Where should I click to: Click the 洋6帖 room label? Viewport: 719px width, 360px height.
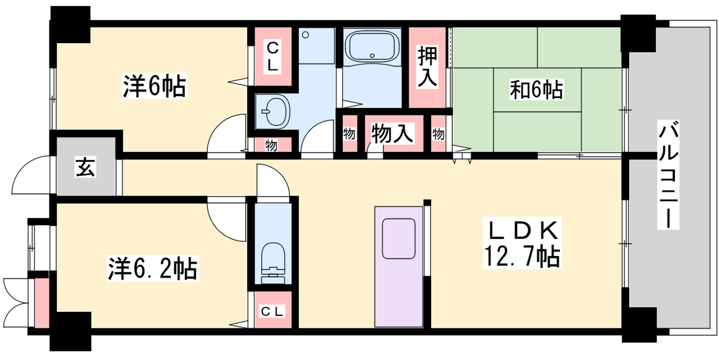[154, 86]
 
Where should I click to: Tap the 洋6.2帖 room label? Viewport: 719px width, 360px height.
[153, 268]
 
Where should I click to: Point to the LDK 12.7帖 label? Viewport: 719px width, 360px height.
[522, 243]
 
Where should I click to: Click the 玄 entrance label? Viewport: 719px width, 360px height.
[85, 167]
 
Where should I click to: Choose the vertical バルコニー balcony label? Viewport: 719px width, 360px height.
[668, 175]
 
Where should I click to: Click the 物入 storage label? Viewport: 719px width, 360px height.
[392, 133]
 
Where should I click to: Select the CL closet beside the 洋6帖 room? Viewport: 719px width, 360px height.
[273, 57]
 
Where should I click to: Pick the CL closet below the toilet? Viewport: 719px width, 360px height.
[273, 310]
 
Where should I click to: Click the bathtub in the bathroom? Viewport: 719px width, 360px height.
[372, 47]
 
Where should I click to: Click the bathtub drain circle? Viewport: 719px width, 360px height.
[372, 56]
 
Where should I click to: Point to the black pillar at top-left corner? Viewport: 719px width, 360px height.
[70, 24]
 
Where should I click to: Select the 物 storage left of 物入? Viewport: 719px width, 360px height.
[349, 133]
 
